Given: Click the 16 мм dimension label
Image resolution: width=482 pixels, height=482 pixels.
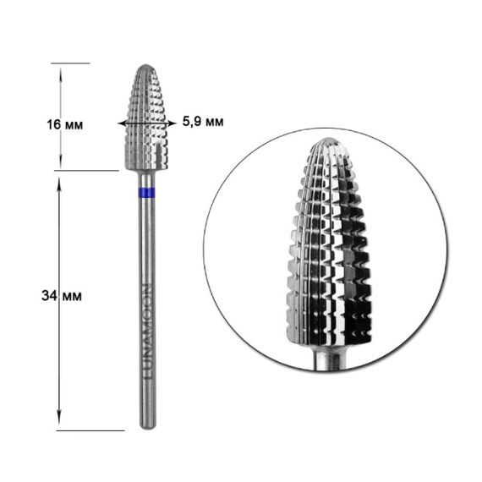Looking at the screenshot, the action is point(65,125).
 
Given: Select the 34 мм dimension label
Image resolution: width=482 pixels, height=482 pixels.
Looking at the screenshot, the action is point(62,296).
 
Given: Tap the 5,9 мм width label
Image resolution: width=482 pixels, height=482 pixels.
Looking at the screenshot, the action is point(203,122).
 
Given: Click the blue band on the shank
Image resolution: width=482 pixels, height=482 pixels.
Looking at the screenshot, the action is point(146,193).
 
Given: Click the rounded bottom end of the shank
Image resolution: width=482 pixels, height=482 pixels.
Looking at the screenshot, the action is point(147,425).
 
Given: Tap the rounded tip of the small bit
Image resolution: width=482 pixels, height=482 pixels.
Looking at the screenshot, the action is point(145,67).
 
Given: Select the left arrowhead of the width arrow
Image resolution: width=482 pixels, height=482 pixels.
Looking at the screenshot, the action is point(121,123).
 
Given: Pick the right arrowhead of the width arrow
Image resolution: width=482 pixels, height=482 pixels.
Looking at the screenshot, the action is point(173,123).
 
